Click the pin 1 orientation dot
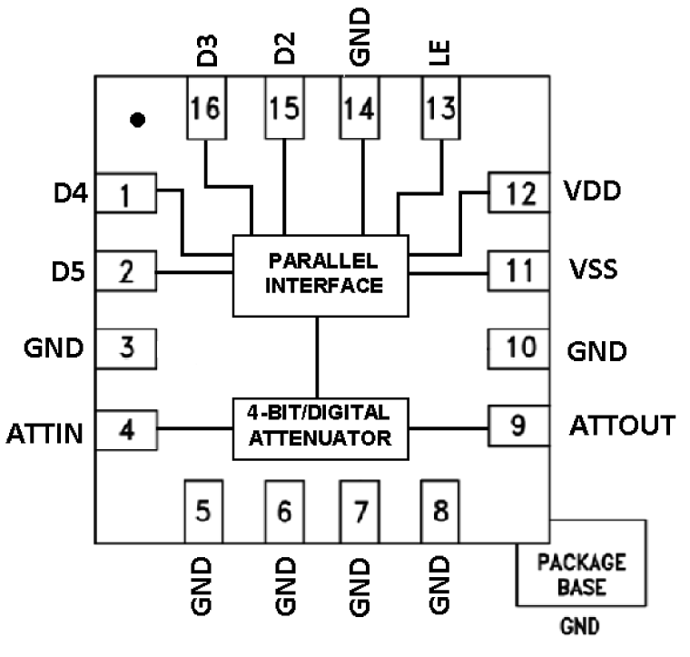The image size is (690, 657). pos(137,120)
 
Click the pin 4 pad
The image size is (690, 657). pos(125,427)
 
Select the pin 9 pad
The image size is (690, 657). pos(518,423)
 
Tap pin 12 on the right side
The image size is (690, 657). pos(518,192)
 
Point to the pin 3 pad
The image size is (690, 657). pos(125,347)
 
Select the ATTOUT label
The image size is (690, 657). pos(623,425)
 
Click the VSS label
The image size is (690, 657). pos(596,270)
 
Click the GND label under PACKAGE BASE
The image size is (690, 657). pos(581,627)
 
